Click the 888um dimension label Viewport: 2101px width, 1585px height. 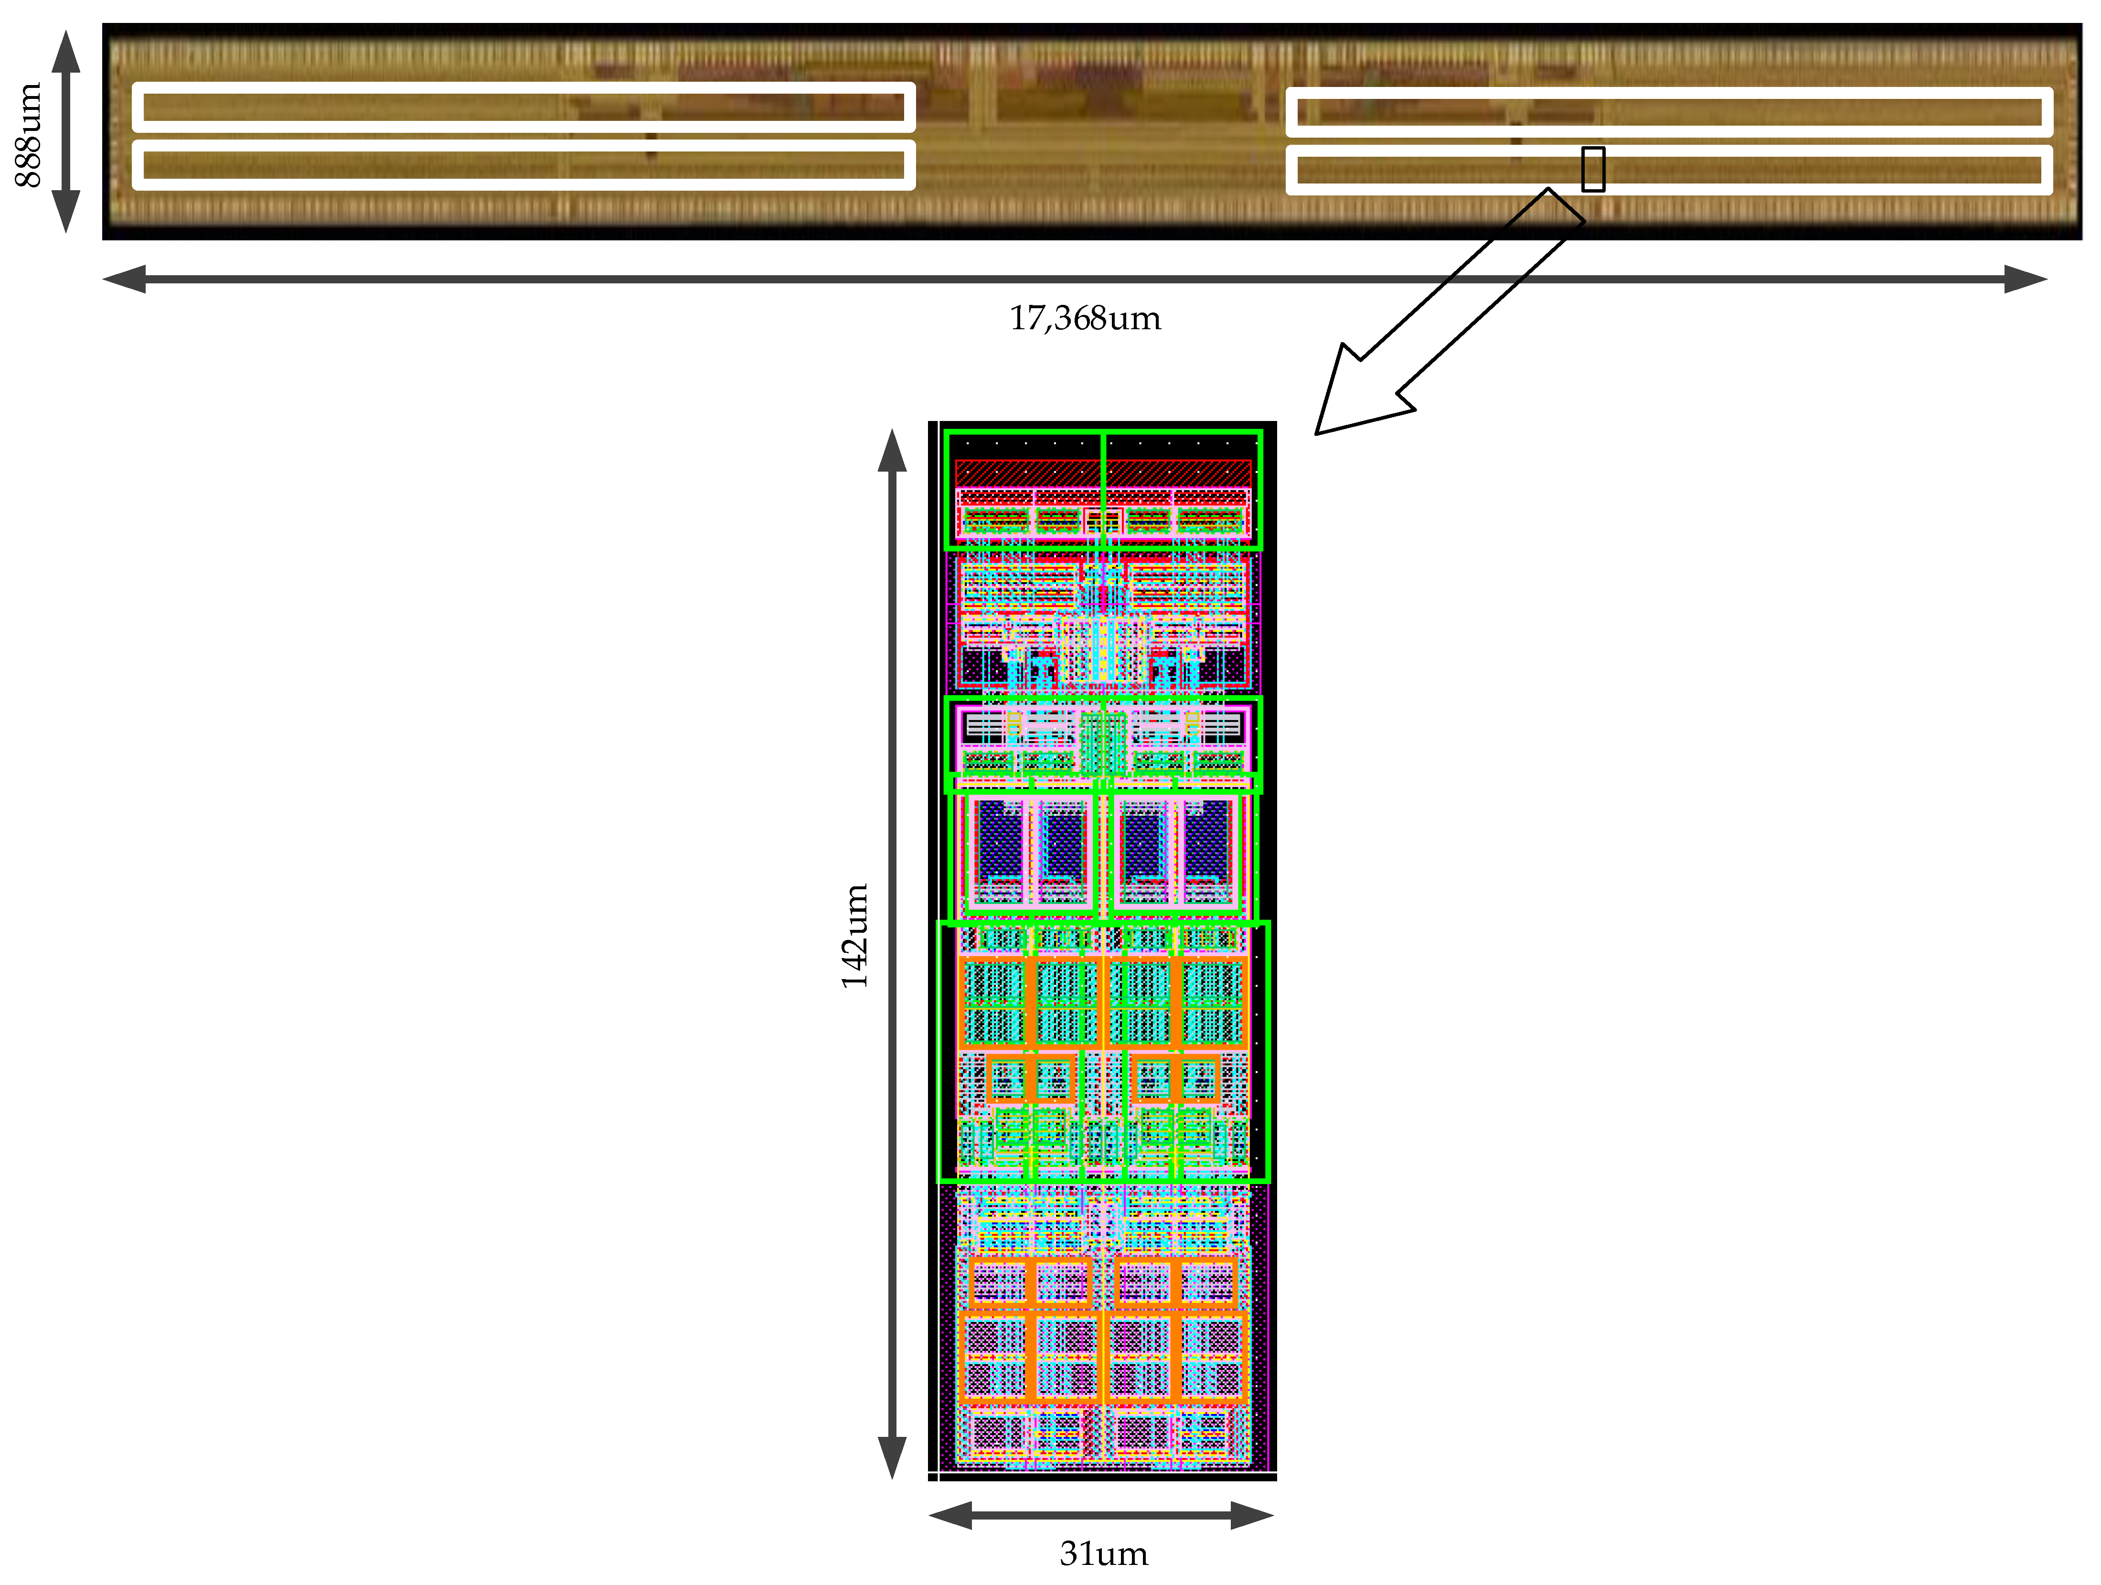[x=29, y=135]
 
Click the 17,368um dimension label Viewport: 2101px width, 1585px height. [x=1085, y=318]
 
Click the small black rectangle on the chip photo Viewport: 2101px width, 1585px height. [x=1593, y=169]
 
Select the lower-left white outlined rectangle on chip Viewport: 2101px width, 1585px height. [x=523, y=165]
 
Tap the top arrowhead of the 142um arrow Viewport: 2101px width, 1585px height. [x=892, y=450]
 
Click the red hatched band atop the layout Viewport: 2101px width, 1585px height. [x=1103, y=472]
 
